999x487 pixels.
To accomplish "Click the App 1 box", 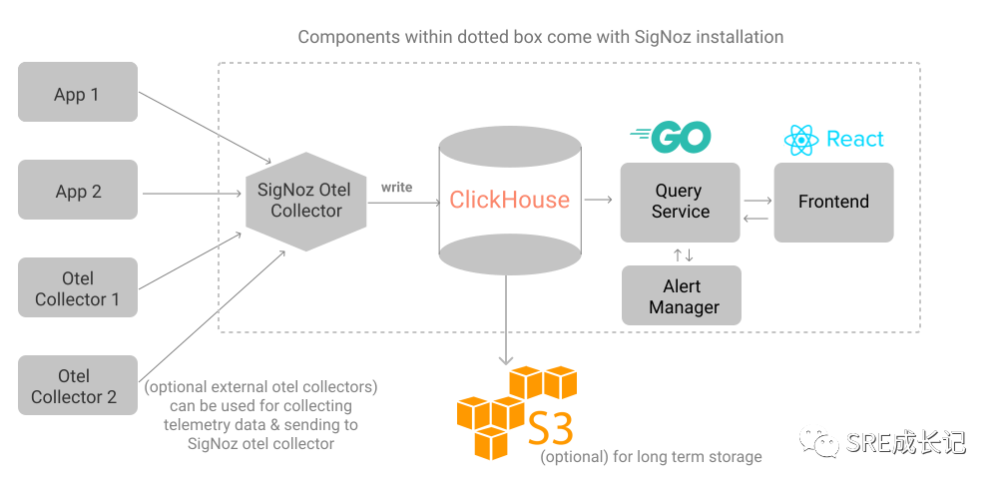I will (x=78, y=93).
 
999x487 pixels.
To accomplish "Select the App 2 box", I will (x=78, y=191).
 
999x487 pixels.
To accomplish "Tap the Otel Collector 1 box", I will (x=78, y=288).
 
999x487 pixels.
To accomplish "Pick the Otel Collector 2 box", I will (x=78, y=386).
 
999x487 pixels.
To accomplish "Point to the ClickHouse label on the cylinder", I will (x=509, y=200).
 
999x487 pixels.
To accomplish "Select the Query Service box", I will (x=680, y=201).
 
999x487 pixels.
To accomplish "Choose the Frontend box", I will (x=833, y=202).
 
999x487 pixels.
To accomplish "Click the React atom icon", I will (x=800, y=140).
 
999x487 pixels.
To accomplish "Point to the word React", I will (x=855, y=140).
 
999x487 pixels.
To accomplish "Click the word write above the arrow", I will (x=396, y=187).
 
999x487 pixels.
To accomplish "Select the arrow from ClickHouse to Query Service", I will (x=599, y=201).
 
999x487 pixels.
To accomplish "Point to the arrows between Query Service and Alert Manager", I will (x=683, y=254).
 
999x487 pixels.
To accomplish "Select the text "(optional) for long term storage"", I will (x=652, y=457).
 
